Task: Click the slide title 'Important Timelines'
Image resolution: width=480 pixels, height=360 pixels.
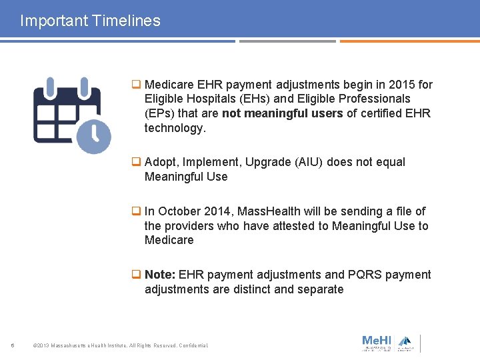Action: click(90, 21)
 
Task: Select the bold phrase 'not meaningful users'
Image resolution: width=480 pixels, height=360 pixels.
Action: click(282, 113)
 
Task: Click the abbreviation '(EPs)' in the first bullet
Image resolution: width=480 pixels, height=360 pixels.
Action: click(159, 113)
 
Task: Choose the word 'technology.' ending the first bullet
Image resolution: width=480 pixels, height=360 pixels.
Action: click(175, 128)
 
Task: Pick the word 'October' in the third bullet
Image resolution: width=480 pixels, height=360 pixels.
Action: click(179, 211)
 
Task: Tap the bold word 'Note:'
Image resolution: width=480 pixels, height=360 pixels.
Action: click(160, 275)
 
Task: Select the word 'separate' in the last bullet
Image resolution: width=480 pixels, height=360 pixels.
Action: click(320, 289)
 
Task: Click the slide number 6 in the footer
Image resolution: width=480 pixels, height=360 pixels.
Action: click(13, 345)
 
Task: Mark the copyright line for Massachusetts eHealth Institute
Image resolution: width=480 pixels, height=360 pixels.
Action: click(120, 345)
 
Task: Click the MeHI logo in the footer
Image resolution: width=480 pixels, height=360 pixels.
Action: click(377, 342)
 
